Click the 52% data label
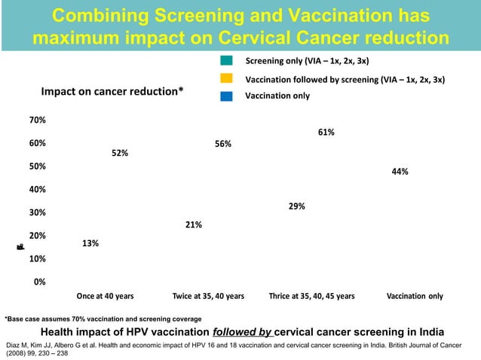(x=119, y=153)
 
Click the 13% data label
(x=90, y=243)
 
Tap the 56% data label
(x=222, y=144)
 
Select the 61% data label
(x=326, y=132)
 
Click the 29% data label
(x=296, y=206)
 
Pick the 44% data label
(x=400, y=172)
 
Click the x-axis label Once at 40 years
(x=105, y=296)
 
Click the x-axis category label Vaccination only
(x=415, y=296)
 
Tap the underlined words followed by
(x=243, y=332)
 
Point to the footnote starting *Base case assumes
(x=103, y=319)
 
